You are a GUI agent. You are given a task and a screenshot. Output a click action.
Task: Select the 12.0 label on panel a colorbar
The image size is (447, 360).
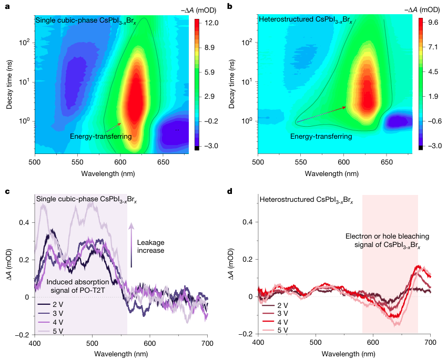point(212,23)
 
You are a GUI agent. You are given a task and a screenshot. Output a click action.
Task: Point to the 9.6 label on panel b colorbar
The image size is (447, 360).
point(434,23)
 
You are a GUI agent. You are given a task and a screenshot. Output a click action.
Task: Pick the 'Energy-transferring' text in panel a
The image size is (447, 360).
point(100,137)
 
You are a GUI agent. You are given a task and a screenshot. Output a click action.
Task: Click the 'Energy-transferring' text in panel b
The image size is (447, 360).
point(321,137)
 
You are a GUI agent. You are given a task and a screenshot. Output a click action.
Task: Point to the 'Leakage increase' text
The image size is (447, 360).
point(150,246)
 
